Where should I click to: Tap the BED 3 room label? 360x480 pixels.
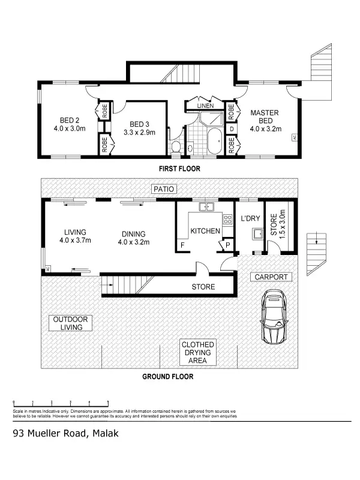pos(139,128)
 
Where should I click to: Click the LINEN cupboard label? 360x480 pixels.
pos(205,106)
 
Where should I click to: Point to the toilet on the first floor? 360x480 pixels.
pos(176,146)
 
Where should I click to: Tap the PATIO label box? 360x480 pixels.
pos(163,189)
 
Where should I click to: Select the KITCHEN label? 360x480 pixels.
pos(205,231)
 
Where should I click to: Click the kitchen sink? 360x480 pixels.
pos(208,208)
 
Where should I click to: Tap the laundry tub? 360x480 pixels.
pos(257,233)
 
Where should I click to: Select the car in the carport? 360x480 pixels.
pos(274,317)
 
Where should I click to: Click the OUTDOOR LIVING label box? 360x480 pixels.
pos(70,323)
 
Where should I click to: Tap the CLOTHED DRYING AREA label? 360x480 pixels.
pos(197,353)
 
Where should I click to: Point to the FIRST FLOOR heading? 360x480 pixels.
pos(179,169)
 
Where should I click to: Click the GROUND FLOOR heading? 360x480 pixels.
pos(167,377)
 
